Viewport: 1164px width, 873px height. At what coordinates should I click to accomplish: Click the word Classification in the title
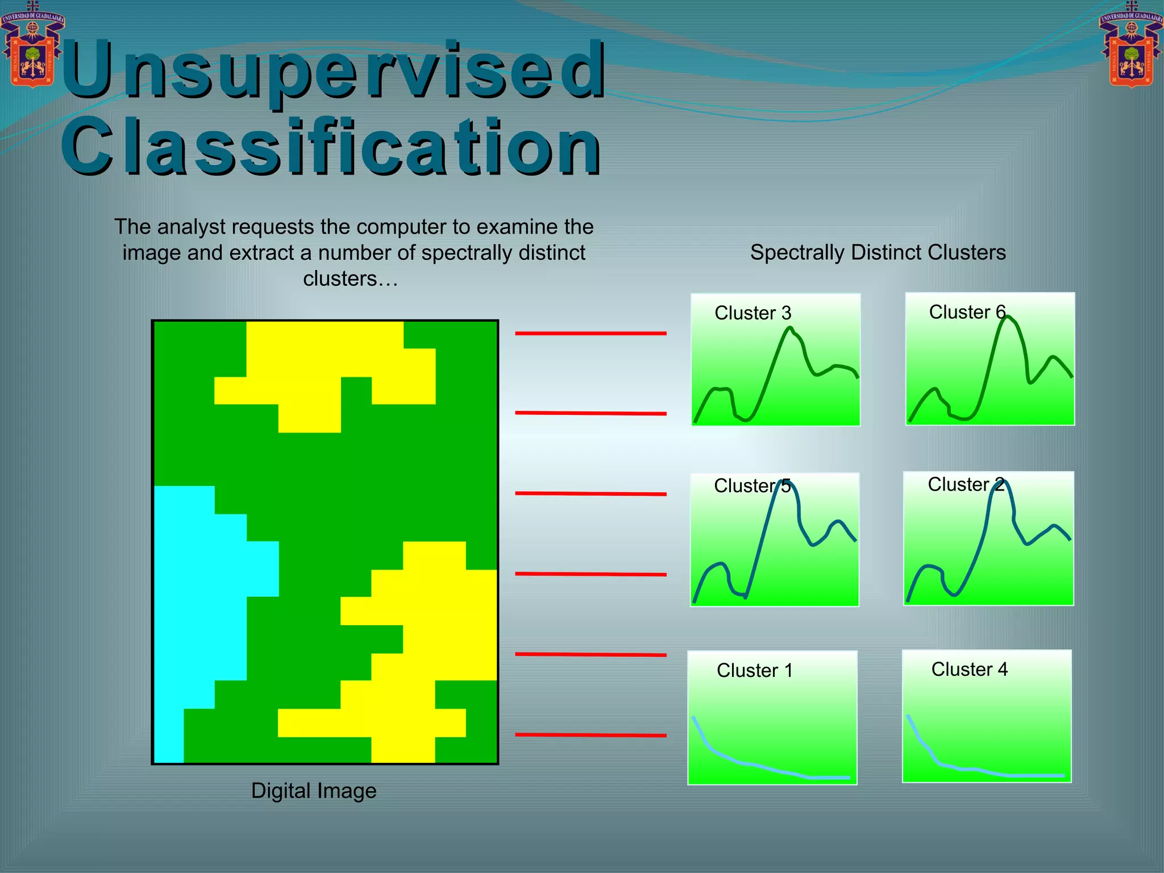point(331,147)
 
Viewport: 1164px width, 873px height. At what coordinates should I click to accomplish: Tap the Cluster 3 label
point(753,313)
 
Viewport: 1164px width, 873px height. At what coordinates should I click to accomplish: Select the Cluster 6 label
point(967,312)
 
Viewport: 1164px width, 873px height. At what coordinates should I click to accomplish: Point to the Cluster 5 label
point(752,486)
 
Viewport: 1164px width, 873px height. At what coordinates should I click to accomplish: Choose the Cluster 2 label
point(966,484)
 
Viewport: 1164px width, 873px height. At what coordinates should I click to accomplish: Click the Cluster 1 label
point(754,671)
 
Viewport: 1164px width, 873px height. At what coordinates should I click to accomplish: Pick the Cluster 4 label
point(969,670)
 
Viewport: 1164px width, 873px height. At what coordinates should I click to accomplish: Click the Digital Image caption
point(314,791)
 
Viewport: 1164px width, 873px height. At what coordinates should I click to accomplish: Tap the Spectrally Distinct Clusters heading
point(878,252)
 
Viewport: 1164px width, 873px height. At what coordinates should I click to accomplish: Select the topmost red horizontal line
point(591,333)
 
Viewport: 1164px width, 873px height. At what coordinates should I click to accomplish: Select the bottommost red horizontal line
point(591,735)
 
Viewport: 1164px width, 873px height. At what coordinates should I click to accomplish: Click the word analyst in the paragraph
point(188,227)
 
